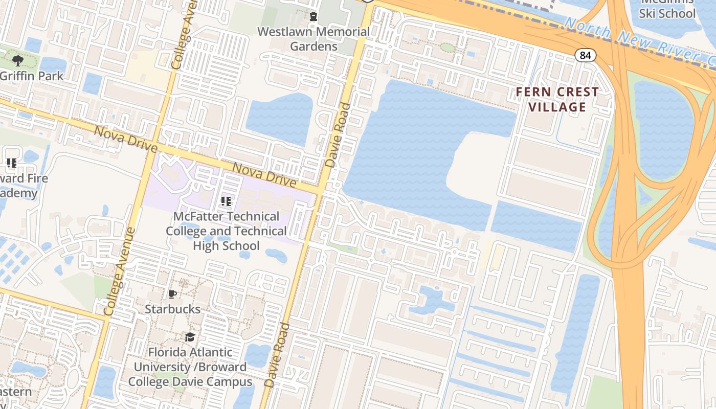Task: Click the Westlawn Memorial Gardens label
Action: (314, 39)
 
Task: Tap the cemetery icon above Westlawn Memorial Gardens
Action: (314, 17)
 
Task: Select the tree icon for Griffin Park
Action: (18, 61)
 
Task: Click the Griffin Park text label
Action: (32, 76)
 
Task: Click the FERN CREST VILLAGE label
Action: (557, 99)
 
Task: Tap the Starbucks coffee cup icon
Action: (172, 294)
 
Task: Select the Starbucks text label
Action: (172, 309)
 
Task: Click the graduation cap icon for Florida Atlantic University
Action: (190, 337)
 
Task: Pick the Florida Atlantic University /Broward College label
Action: (190, 367)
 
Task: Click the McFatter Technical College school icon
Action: (226, 201)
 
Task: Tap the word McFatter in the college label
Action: (198, 217)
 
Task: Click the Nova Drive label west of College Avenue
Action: (125, 139)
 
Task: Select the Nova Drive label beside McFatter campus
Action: (264, 175)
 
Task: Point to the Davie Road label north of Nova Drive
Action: (338, 135)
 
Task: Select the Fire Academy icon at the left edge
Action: (12, 163)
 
